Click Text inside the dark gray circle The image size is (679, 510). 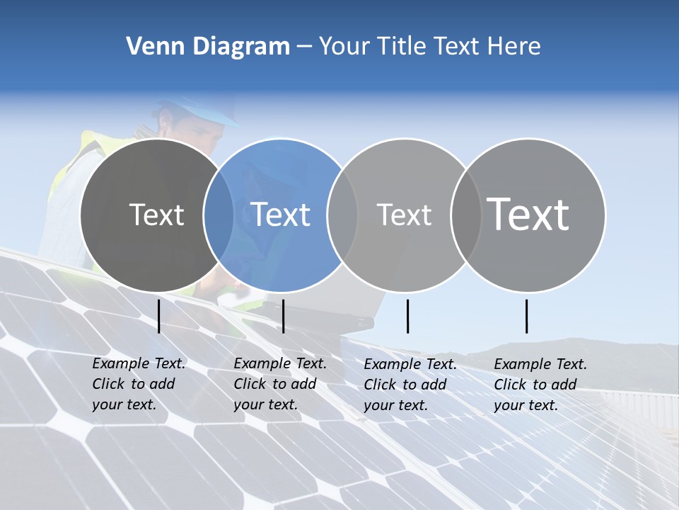coord(156,215)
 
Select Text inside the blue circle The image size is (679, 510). coord(280,215)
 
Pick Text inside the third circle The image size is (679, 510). coord(404,215)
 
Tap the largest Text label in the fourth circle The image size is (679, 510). coord(528,214)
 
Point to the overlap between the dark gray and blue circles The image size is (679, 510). coord(219,215)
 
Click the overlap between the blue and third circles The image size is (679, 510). coord(342,215)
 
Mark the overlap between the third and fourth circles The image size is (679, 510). coord(464,215)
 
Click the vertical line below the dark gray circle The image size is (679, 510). coord(159,317)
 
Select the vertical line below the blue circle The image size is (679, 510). coord(283,317)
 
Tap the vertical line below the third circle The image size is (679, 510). coord(407,317)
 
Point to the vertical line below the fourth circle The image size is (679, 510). coord(527,317)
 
